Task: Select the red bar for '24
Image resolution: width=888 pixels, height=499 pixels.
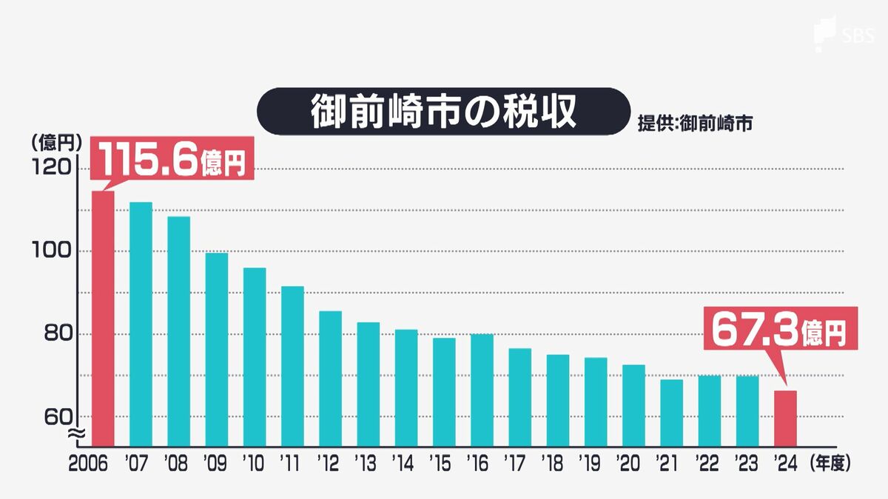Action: coord(785,418)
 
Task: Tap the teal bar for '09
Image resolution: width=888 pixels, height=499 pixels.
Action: coord(216,349)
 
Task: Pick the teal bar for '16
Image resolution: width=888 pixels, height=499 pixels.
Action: coord(482,390)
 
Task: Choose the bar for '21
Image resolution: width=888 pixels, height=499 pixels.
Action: coord(671,413)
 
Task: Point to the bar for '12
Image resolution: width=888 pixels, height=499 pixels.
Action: coord(330,378)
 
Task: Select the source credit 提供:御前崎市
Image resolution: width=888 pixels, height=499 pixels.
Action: coord(695,123)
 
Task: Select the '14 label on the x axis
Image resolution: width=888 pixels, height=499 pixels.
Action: coord(404,464)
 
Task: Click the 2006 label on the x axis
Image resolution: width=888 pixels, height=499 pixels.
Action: coord(89,464)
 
